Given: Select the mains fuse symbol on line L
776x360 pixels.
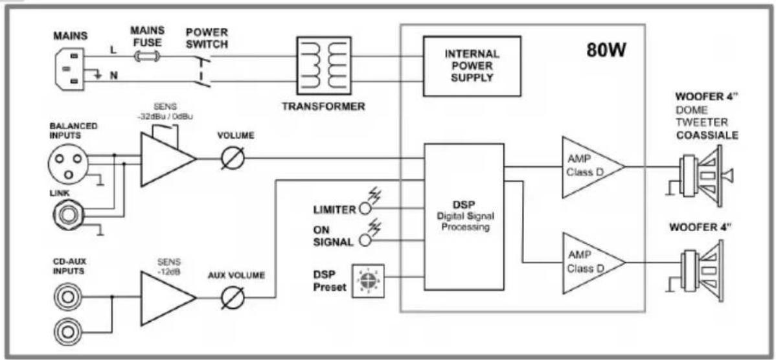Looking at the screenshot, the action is [147, 58].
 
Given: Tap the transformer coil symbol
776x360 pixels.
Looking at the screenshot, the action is [323, 66].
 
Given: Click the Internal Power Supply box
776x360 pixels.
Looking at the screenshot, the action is [472, 66].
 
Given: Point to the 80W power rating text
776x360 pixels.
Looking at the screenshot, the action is [606, 50].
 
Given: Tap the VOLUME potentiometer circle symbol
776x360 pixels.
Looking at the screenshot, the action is [232, 159].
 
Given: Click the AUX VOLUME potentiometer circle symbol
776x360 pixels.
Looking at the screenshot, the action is [232, 298].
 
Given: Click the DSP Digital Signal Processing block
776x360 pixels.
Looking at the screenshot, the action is [464, 217].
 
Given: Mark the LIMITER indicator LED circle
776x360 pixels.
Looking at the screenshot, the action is [365, 208].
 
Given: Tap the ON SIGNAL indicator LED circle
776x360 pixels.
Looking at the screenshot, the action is [365, 240].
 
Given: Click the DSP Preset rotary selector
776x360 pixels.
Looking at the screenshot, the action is [368, 282].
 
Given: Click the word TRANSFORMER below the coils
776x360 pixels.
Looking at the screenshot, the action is [324, 106].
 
